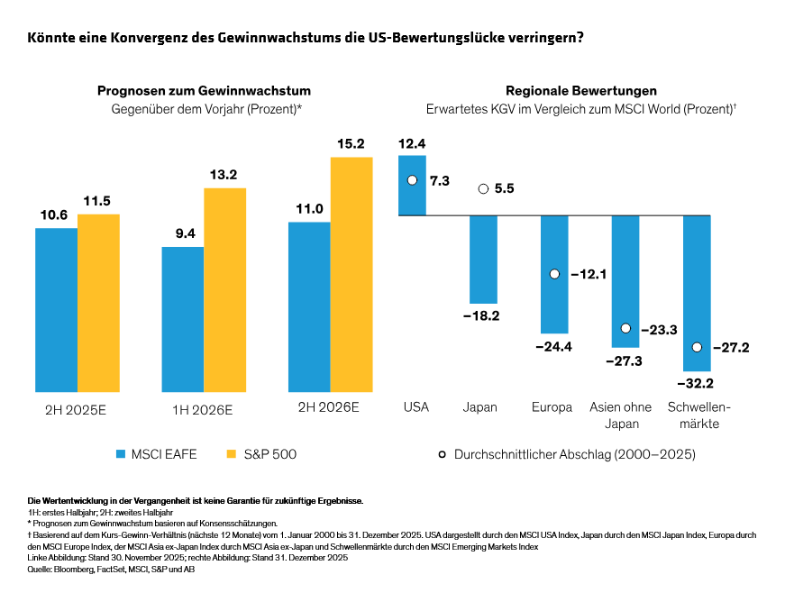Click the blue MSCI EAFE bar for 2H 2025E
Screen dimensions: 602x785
[x=56, y=310]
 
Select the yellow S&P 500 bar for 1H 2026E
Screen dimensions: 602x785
[x=224, y=290]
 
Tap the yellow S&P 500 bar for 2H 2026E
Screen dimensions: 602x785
[x=351, y=275]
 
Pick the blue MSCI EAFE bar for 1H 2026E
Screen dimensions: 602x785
[x=182, y=319]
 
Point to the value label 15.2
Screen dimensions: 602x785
[x=351, y=144]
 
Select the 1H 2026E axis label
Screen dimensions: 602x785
[x=203, y=409]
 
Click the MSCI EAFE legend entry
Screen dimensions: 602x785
[x=155, y=454]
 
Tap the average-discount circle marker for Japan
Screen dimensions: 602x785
[x=483, y=189]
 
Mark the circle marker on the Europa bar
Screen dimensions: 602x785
[x=554, y=273]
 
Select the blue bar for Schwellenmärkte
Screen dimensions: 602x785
[x=697, y=293]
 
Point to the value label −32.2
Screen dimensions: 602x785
[x=696, y=385]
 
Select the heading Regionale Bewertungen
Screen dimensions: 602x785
[x=580, y=91]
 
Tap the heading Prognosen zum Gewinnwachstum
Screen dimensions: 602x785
[x=205, y=91]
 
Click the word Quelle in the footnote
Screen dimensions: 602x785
[x=41, y=570]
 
